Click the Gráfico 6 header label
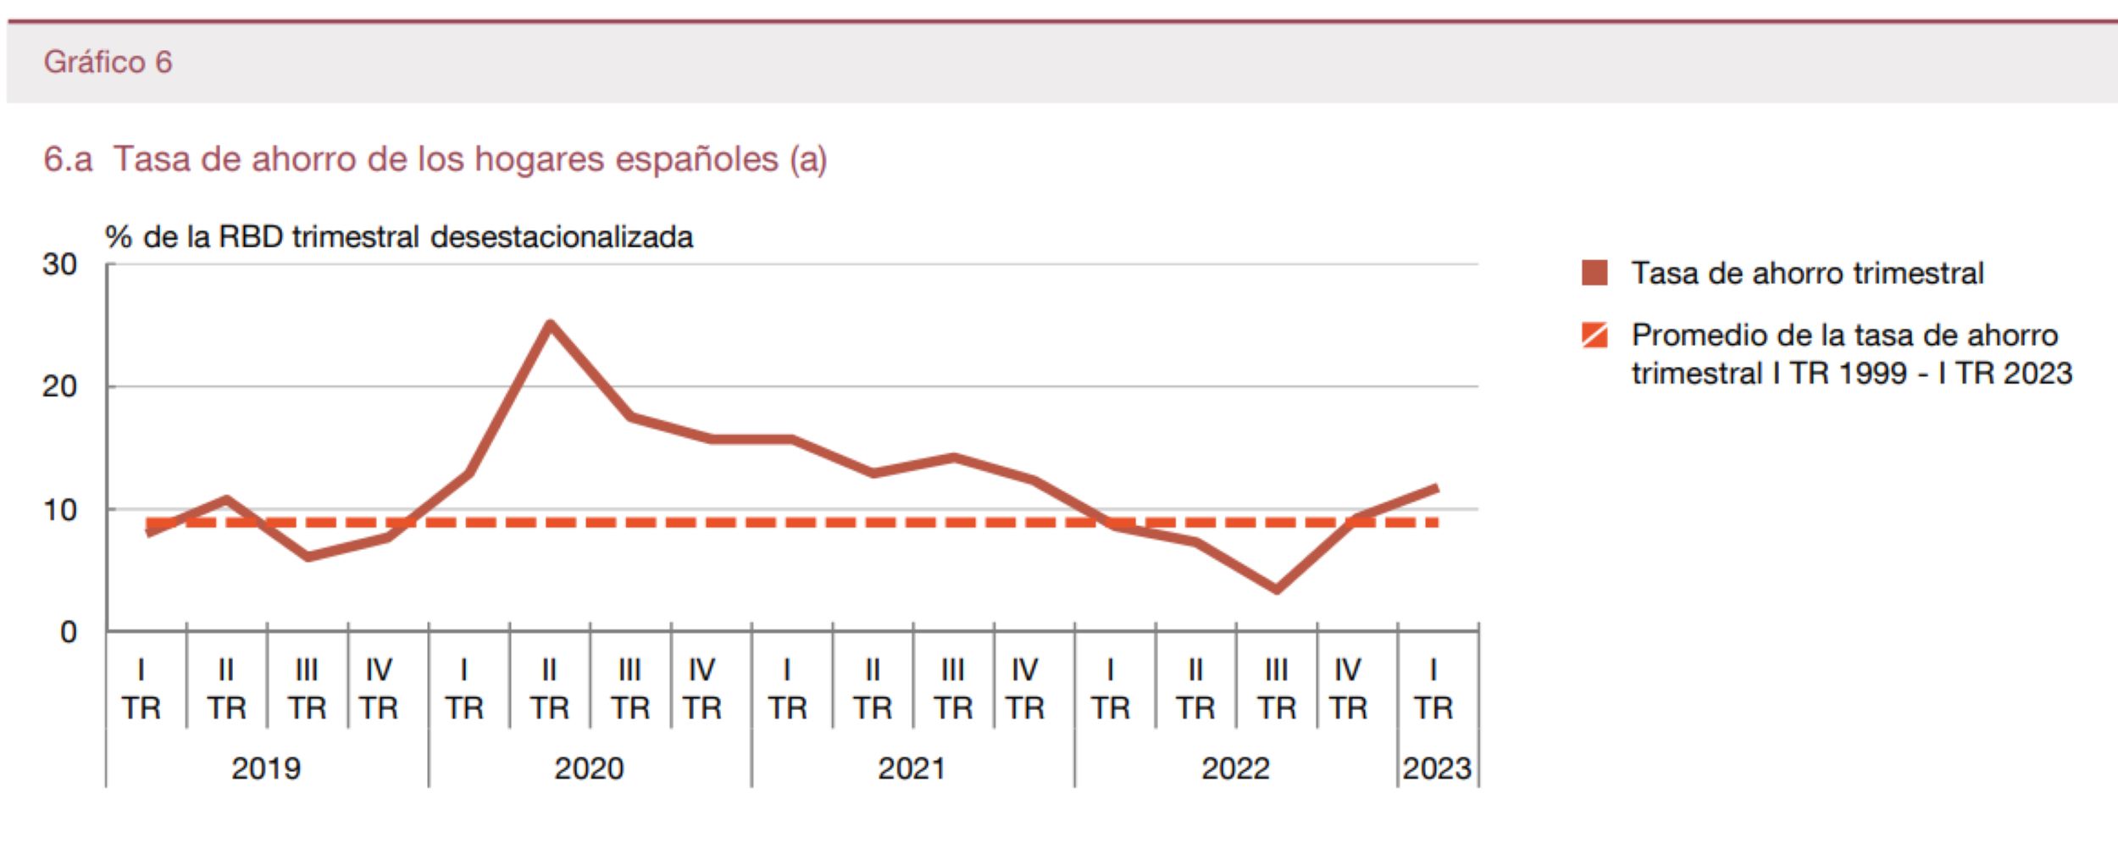(x=108, y=62)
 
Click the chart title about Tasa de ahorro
(x=435, y=159)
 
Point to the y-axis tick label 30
(x=59, y=264)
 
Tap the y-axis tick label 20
(x=59, y=387)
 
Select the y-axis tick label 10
(x=59, y=510)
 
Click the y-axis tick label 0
(x=68, y=632)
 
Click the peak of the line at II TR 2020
(x=550, y=324)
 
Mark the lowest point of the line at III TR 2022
(x=1276, y=589)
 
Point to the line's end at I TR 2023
(x=1436, y=488)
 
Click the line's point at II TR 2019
(x=226, y=499)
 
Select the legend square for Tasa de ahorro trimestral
(x=1594, y=273)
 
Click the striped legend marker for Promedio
(x=1594, y=335)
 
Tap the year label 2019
(x=266, y=768)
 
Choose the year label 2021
(x=912, y=768)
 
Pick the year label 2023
(x=1437, y=768)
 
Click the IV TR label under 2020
(x=701, y=689)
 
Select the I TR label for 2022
(x=1110, y=689)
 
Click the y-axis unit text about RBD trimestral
(x=399, y=237)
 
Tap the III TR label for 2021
(x=952, y=689)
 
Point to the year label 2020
(x=589, y=768)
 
